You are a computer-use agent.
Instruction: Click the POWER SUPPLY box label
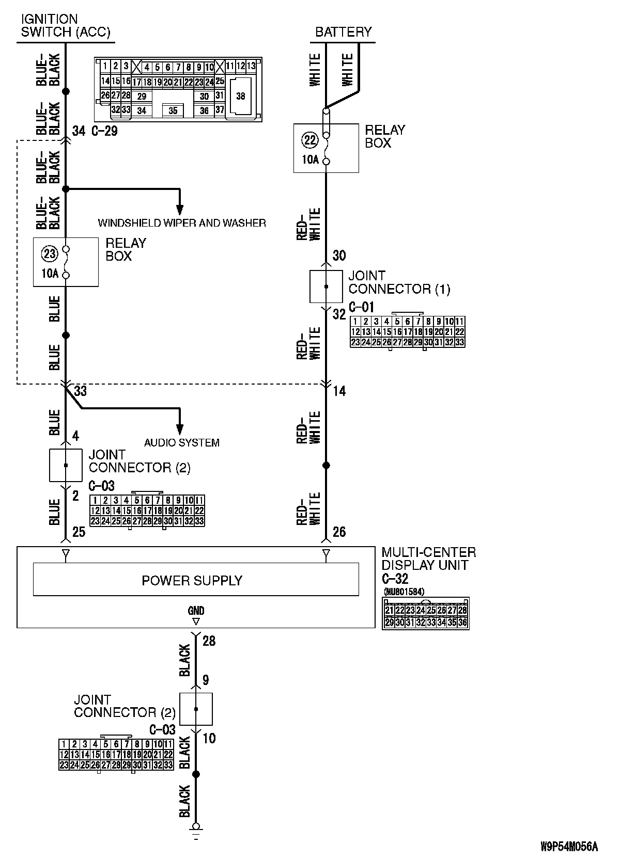coord(192,581)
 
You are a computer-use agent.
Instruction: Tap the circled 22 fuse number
coord(310,140)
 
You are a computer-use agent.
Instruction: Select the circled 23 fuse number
coord(50,253)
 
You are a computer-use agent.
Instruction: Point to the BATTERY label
coord(344,32)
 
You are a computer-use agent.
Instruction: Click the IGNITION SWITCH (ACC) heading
coord(65,26)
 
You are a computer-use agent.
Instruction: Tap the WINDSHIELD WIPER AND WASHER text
coord(182,223)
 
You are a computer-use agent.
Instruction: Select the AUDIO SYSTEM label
coord(181,442)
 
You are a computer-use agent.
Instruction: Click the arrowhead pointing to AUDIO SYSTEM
coord(180,429)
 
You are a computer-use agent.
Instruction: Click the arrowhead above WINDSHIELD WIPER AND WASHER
coord(180,209)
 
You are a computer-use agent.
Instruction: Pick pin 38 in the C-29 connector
coord(241,96)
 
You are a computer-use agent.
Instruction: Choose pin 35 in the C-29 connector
coord(173,111)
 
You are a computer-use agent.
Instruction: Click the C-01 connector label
coord(361,308)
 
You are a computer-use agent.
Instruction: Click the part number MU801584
coord(404,592)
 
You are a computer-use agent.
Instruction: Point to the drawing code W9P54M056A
coord(569,847)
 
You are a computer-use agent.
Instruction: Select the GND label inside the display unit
coord(196,611)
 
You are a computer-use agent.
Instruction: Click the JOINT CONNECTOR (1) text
coord(399,282)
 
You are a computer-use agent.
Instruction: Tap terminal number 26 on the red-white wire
coord(339,532)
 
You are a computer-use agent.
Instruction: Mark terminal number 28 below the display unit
coord(209,641)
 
